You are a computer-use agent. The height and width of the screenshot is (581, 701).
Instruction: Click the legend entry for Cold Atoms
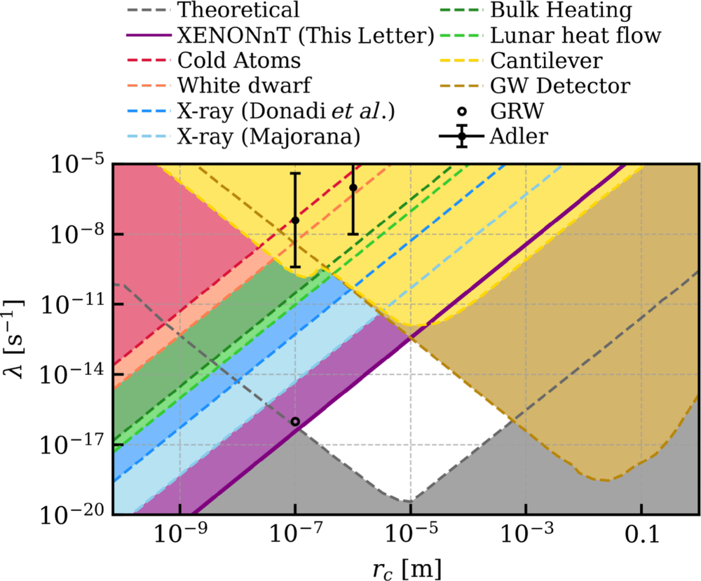(239, 60)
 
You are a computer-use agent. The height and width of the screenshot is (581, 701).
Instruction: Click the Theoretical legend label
(239, 10)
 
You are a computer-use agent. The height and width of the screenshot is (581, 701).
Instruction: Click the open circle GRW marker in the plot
(295, 421)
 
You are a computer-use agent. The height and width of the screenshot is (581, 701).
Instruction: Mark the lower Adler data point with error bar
(295, 220)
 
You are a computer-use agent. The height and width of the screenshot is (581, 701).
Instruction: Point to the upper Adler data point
(353, 187)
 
